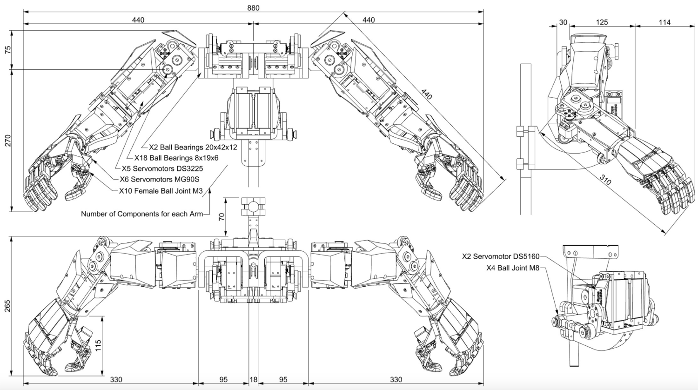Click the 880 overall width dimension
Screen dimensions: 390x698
pyautogui.click(x=253, y=7)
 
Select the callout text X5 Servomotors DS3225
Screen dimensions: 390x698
pyautogui.click(x=162, y=168)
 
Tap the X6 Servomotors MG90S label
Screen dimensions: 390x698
pyautogui.click(x=155, y=179)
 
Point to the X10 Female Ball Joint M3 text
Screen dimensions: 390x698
pyautogui.click(x=161, y=190)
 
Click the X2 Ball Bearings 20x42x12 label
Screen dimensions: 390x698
pyautogui.click(x=193, y=147)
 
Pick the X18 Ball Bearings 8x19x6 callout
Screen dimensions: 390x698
pyautogui.click(x=176, y=158)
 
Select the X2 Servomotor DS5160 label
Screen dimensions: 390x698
pyautogui.click(x=501, y=256)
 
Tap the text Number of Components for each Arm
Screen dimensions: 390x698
pyautogui.click(x=142, y=214)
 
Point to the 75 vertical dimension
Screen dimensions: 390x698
pyautogui.click(x=8, y=50)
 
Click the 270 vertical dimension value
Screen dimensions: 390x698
pyautogui.click(x=8, y=141)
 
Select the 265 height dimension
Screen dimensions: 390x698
pyautogui.click(x=8, y=306)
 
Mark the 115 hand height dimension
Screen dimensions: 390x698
pyautogui.click(x=98, y=345)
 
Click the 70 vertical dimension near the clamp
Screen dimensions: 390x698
pyautogui.click(x=222, y=216)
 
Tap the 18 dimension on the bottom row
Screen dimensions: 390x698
pyautogui.click(x=253, y=380)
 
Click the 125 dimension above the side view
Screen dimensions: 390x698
pyautogui.click(x=602, y=22)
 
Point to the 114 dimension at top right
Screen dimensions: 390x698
pyautogui.click(x=664, y=22)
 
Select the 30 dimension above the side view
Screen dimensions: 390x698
pyautogui.click(x=563, y=22)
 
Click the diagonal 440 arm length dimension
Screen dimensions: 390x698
pyautogui.click(x=426, y=94)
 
